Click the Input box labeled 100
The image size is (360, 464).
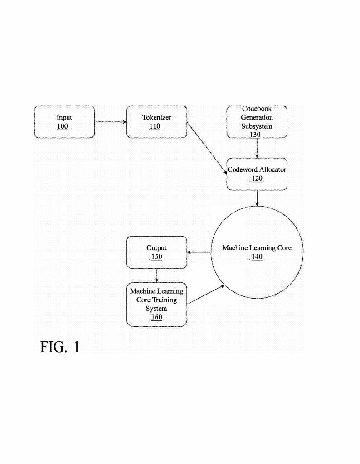[x=64, y=122]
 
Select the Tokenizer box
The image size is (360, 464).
[x=156, y=122]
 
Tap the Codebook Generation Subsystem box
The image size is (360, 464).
[x=257, y=122]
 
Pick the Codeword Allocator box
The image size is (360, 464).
[x=257, y=174]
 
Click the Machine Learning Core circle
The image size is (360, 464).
[x=257, y=252]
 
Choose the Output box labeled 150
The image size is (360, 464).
[x=156, y=252]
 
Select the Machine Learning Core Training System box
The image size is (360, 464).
[x=156, y=304]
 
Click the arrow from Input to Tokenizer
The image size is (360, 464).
[x=111, y=122]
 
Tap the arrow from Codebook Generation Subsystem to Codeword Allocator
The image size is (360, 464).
[x=257, y=148]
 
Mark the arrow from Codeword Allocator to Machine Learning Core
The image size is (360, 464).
[x=257, y=198]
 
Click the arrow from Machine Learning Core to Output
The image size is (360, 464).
[x=199, y=252]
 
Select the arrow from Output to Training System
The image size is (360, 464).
[x=156, y=275]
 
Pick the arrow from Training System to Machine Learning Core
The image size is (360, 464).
[x=206, y=294]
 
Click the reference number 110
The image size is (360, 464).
[x=155, y=126]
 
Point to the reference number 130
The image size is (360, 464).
[x=255, y=135]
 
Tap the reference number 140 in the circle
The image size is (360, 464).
[x=257, y=257]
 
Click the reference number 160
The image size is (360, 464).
[x=156, y=317]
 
